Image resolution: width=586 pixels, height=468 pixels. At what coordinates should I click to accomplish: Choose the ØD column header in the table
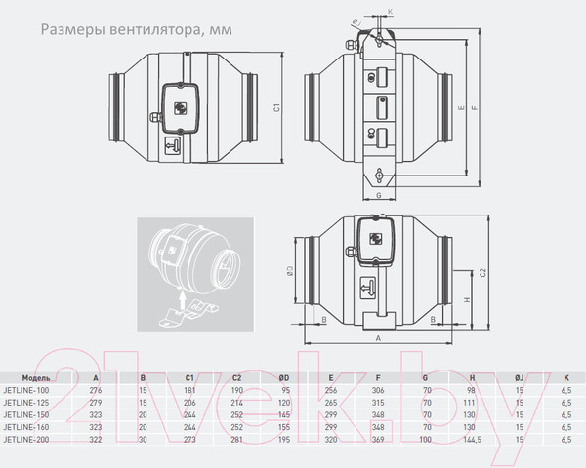pyautogui.click(x=283, y=376)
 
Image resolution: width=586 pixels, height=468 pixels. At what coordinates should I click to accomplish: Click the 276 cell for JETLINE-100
pyautogui.click(x=95, y=390)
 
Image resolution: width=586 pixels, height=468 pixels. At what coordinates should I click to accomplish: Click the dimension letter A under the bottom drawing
pyautogui.click(x=378, y=339)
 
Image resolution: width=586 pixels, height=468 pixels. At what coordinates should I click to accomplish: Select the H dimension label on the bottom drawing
pyautogui.click(x=468, y=301)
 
